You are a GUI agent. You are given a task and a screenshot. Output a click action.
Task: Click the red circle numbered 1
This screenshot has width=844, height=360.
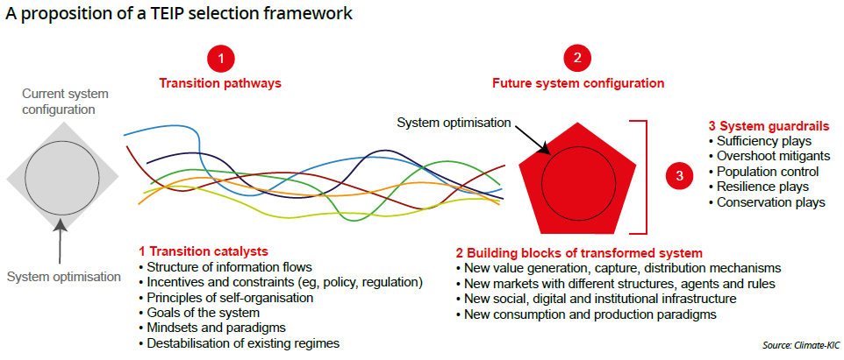[x=220, y=59]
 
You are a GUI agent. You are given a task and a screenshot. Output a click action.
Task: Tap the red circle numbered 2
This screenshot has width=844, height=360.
[x=577, y=59]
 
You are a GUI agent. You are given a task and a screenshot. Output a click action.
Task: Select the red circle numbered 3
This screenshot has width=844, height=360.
[x=679, y=176]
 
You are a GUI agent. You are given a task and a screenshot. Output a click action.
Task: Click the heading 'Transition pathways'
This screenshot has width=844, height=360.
[x=220, y=84]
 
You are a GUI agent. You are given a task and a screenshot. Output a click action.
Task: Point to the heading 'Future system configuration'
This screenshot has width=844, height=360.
[x=579, y=84]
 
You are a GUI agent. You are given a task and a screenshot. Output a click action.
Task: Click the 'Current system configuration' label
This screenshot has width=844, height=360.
[x=65, y=102]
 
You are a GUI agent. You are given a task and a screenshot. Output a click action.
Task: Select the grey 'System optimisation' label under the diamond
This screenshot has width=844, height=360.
[x=64, y=278]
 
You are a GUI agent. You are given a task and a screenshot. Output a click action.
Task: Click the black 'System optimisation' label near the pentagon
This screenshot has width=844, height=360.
[x=454, y=123]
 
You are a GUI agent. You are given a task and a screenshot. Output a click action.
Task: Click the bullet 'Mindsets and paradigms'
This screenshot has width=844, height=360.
[x=212, y=328]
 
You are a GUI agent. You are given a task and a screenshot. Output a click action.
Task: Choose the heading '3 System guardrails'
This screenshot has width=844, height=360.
[x=768, y=127]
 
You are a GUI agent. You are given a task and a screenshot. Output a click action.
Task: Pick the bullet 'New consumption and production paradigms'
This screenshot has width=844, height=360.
[x=586, y=314]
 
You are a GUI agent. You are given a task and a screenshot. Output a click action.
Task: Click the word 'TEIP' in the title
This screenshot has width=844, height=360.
[x=148, y=14]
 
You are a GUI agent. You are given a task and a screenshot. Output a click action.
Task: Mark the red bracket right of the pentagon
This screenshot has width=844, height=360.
[x=646, y=177]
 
